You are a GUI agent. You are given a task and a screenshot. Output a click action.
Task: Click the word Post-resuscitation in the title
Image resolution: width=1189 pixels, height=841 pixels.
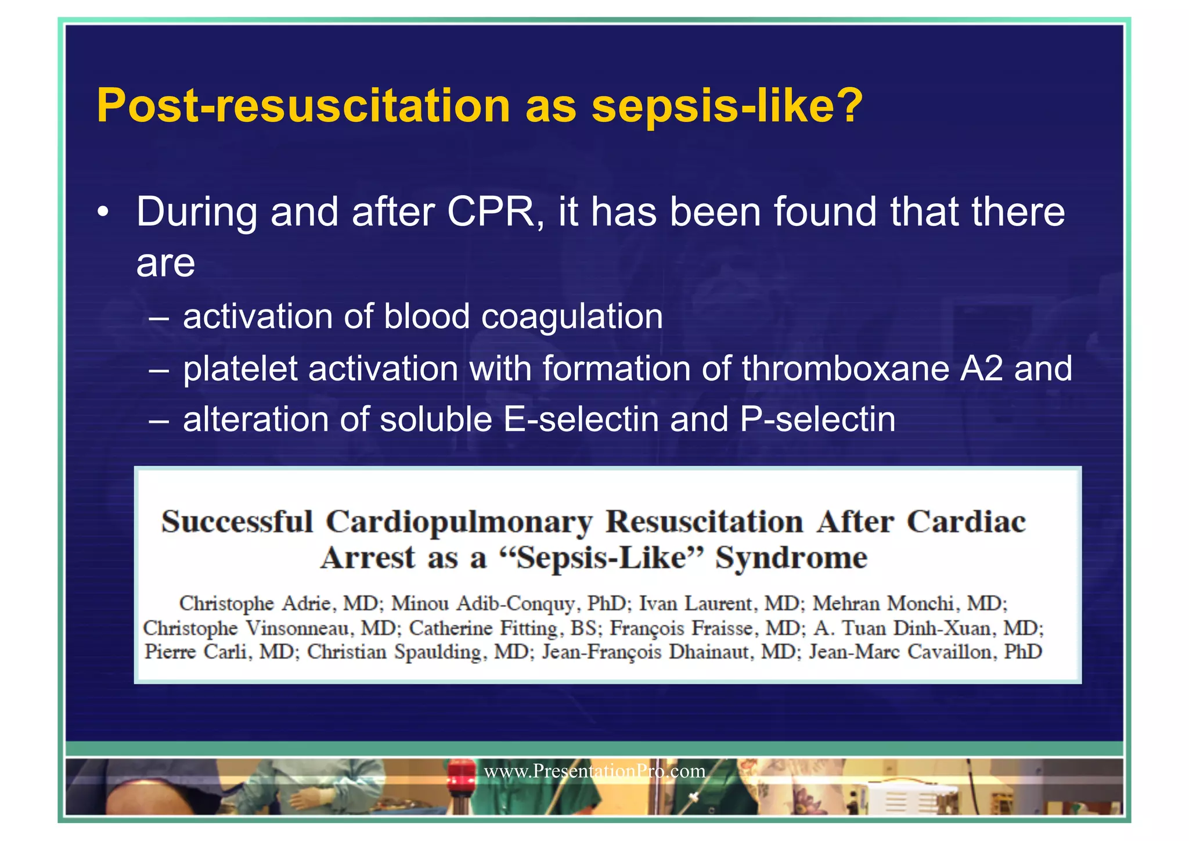click(x=302, y=106)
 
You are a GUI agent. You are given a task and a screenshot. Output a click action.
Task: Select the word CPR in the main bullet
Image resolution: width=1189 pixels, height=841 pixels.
click(x=491, y=212)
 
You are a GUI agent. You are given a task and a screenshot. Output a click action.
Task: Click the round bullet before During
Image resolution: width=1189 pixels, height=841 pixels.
click(x=103, y=213)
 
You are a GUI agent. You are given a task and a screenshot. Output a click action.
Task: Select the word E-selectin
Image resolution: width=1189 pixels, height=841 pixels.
click(x=581, y=420)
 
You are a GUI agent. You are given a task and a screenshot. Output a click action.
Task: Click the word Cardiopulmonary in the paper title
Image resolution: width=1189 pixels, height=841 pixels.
click(x=459, y=522)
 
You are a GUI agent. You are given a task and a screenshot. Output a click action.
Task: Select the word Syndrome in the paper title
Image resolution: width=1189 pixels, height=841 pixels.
click(x=791, y=558)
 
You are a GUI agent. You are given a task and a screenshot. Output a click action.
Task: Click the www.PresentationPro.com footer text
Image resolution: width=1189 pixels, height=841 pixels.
click(x=594, y=771)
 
